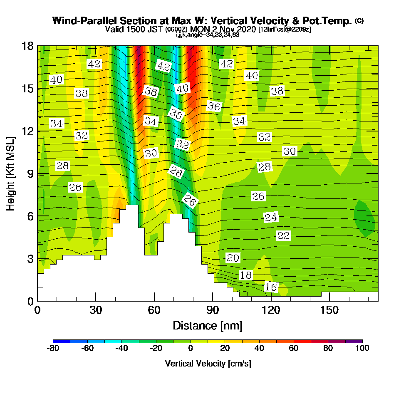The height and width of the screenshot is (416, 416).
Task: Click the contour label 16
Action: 271,287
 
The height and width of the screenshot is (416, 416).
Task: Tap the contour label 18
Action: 245,275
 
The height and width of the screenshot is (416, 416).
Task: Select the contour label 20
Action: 233,258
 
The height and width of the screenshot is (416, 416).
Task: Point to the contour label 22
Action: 283,236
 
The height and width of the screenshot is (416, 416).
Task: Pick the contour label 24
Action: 271,217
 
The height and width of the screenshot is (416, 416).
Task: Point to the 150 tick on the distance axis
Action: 329,310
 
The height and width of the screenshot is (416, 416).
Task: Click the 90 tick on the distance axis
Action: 213,310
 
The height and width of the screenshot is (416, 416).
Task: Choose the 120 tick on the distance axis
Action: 271,310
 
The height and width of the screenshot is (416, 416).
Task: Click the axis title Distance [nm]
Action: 208,325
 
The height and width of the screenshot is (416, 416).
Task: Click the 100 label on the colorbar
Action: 362,349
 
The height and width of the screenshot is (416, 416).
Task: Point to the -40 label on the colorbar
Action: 121,349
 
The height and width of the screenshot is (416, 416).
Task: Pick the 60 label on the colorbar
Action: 294,349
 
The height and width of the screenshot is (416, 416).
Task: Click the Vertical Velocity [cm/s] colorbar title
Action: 208,364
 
